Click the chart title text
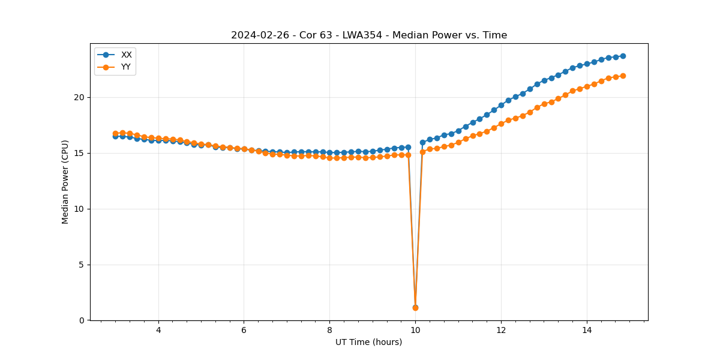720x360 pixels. pyautogui.click(x=369, y=35)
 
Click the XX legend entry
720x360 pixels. pyautogui.click(x=126, y=55)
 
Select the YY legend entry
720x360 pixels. pyautogui.click(x=126, y=67)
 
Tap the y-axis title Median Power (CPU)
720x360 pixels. pyautogui.click(x=65, y=182)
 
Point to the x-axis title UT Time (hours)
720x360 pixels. pyautogui.click(x=368, y=342)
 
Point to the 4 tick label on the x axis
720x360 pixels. pyautogui.click(x=158, y=330)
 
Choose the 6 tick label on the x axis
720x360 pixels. pyautogui.click(x=244, y=330)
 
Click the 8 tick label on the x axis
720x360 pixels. pyautogui.click(x=329, y=330)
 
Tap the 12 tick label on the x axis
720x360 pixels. pyautogui.click(x=501, y=330)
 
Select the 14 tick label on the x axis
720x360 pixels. pyautogui.click(x=587, y=330)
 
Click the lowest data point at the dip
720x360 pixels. pyautogui.click(x=415, y=307)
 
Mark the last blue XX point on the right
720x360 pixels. pyautogui.click(x=623, y=56)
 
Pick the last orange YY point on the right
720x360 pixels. pyautogui.click(x=623, y=76)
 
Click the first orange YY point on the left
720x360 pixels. pyautogui.click(x=115, y=133)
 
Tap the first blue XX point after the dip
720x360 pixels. pyautogui.click(x=422, y=143)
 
